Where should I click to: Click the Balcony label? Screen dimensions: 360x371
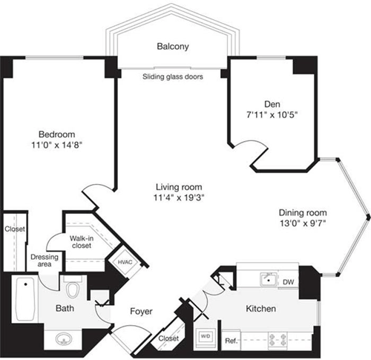[x=172, y=47]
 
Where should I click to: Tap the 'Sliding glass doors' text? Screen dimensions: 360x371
[x=173, y=76]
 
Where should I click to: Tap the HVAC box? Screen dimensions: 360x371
[x=125, y=262]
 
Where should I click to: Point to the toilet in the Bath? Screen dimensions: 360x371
[x=74, y=287]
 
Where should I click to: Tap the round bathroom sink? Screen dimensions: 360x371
[x=63, y=339]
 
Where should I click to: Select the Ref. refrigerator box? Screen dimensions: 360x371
[x=231, y=341]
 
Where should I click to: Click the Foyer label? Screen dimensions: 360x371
[x=141, y=312]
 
